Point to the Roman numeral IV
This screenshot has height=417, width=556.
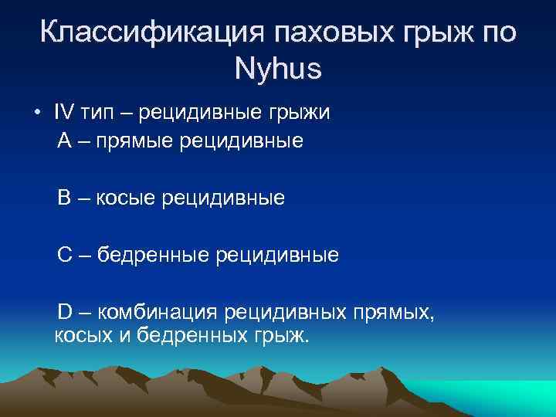click(64, 112)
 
